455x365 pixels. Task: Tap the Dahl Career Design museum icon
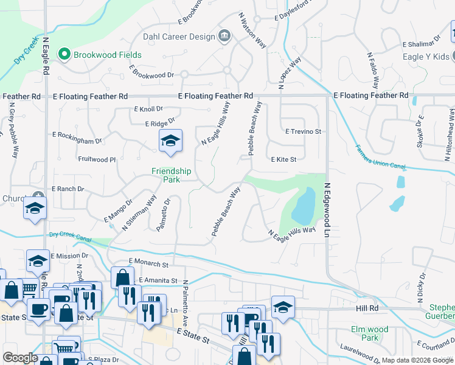(224, 36)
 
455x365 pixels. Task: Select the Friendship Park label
(171, 176)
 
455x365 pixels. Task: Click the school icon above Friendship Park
(170, 141)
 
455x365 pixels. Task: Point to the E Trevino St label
(303, 131)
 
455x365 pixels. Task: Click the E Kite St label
(283, 160)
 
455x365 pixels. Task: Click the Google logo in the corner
(20, 358)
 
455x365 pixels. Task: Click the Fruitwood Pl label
(97, 159)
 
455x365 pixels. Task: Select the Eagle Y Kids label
(426, 57)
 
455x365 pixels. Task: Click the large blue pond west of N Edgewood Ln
(304, 207)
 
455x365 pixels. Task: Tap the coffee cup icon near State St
(38, 308)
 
